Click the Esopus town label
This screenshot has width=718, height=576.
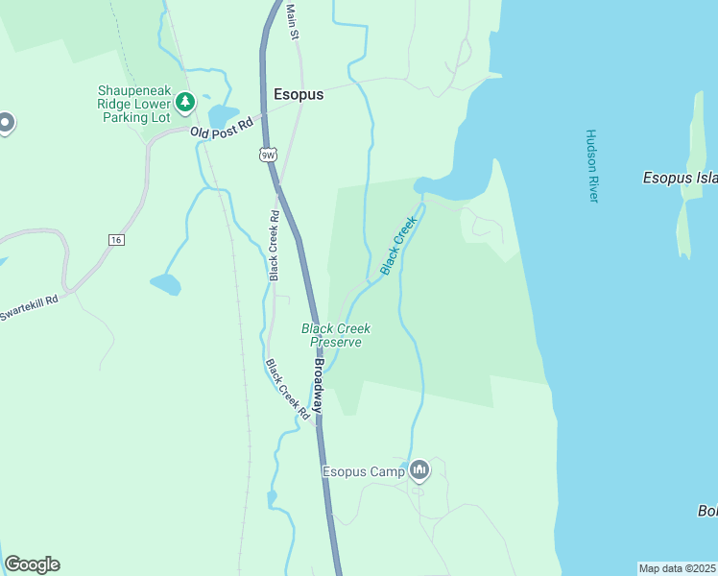point(299,95)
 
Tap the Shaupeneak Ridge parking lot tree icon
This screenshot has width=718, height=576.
point(185,101)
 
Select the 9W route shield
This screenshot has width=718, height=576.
point(268,154)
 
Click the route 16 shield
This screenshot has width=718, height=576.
point(116,239)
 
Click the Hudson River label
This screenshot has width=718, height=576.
point(591,165)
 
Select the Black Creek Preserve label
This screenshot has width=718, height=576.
point(336,335)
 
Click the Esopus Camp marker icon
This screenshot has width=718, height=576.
point(419,470)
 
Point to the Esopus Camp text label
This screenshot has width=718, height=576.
point(363,471)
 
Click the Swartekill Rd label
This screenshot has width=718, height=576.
point(29,308)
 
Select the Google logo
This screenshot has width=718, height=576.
point(32,564)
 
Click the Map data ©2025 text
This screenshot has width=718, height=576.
point(677,568)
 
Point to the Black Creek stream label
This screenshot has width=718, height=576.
point(398,246)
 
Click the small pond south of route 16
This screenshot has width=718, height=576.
point(164,284)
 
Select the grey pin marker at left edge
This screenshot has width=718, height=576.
point(5,124)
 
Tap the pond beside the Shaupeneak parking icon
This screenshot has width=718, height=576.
point(222,115)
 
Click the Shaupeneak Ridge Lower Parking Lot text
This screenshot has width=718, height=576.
point(133,104)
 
